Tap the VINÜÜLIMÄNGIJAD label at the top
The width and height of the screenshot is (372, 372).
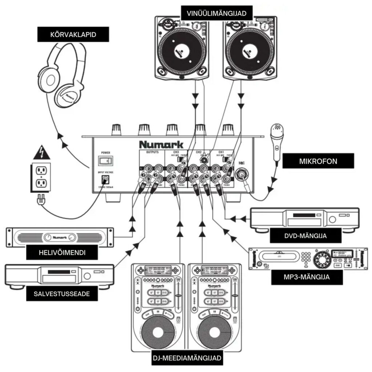click(217, 14)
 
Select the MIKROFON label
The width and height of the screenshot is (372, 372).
click(318, 161)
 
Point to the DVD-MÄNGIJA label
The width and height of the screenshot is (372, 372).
click(306, 235)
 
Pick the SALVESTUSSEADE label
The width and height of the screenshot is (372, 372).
click(63, 294)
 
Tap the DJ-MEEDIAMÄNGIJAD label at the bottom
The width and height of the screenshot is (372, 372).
click(187, 358)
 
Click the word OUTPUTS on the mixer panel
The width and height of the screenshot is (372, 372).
click(153, 153)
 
